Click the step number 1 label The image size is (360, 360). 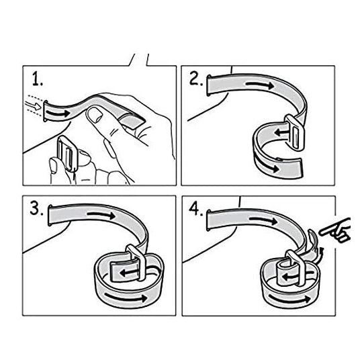click(x=38, y=79)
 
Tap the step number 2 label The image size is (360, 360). click(x=196, y=80)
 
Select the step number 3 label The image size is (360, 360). click(x=36, y=209)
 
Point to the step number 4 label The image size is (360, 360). click(x=196, y=209)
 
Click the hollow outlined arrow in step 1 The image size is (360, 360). click(x=33, y=106)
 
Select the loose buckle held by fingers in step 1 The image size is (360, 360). click(x=67, y=153)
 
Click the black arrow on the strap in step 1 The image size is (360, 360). click(x=58, y=114)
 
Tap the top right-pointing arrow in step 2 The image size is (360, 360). click(x=260, y=85)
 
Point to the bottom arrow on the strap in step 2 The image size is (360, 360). click(x=267, y=164)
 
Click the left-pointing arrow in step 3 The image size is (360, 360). click(x=129, y=273)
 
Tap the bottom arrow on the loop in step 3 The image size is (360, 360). click(x=126, y=297)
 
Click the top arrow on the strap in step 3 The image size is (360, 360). click(x=101, y=215)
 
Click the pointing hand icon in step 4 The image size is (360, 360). click(x=336, y=230)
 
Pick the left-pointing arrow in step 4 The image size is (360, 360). click(x=291, y=276)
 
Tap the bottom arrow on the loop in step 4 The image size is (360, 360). click(x=289, y=298)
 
